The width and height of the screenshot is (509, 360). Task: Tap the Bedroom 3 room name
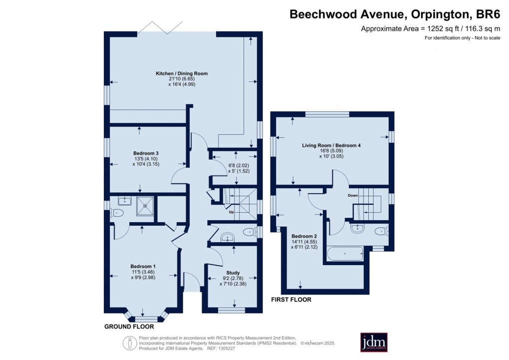click(x=146, y=153)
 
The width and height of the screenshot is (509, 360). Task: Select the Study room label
click(x=233, y=273)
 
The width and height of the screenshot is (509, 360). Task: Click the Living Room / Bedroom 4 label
click(x=331, y=145)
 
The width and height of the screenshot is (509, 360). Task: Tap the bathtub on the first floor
click(x=344, y=254)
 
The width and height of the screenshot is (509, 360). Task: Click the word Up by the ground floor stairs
click(x=231, y=212)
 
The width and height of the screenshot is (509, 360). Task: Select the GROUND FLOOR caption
click(x=129, y=327)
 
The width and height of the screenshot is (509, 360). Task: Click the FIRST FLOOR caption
click(x=291, y=300)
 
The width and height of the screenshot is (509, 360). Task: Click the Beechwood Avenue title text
click(x=395, y=14)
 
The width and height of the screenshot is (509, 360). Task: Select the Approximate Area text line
click(x=430, y=28)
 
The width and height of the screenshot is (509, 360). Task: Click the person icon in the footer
click(x=130, y=343)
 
